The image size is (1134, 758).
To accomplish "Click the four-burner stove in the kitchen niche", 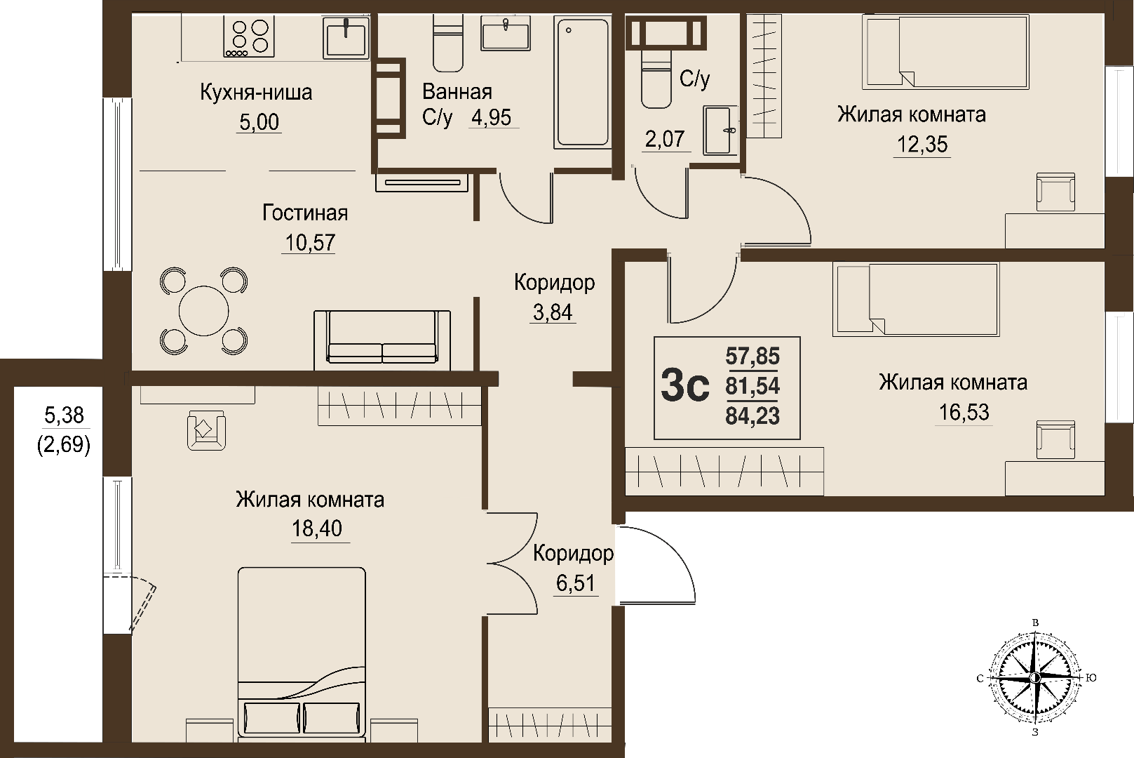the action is click(x=248, y=36).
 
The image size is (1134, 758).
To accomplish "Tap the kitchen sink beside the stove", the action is click(x=346, y=37).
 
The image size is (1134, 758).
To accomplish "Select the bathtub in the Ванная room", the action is click(x=582, y=83).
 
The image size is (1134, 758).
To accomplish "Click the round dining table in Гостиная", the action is click(x=203, y=311).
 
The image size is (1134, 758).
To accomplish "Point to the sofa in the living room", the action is click(x=382, y=340).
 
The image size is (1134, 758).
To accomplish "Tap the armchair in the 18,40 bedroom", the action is click(x=206, y=430).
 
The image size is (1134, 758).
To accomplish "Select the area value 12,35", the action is click(x=922, y=145).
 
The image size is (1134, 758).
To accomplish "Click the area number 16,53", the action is click(x=964, y=413).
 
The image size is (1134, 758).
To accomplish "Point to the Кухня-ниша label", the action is click(x=256, y=92).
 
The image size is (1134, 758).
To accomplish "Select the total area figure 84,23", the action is click(x=752, y=416).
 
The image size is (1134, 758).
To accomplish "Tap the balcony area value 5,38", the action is click(x=64, y=415).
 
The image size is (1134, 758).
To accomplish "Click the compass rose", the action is click(x=1036, y=678).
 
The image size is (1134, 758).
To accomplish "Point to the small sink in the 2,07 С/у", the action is click(x=720, y=131).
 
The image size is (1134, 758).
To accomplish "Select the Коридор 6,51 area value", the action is click(x=576, y=583).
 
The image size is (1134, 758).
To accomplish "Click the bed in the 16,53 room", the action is click(x=916, y=299).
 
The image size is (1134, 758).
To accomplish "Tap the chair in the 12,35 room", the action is click(x=1055, y=192).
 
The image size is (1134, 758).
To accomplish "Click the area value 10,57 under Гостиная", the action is click(x=310, y=243).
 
